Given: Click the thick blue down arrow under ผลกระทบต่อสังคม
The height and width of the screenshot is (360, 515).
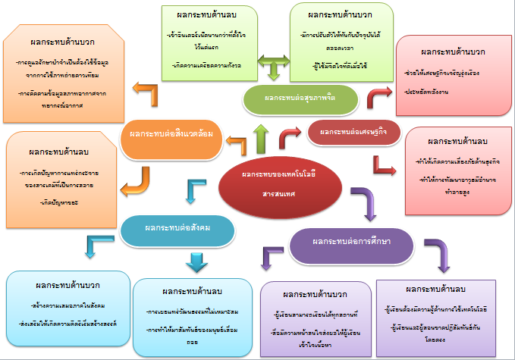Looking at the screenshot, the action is click(197, 260).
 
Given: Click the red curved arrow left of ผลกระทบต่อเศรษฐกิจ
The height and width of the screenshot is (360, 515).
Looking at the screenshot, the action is click(290, 136).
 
